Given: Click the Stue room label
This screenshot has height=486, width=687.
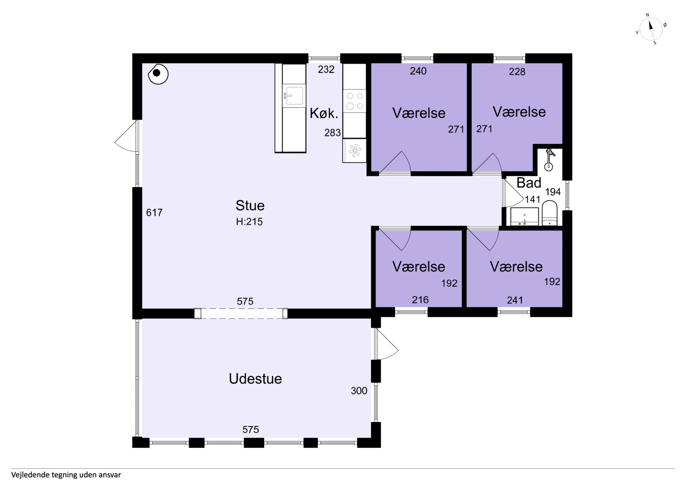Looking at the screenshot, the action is click(250, 205).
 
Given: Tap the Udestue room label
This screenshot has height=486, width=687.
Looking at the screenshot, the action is click(255, 379).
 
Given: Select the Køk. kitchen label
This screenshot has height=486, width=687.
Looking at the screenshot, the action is click(324, 113).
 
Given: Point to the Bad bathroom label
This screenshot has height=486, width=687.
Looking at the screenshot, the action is click(529, 183).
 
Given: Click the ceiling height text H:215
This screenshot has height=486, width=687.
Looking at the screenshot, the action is click(249, 222).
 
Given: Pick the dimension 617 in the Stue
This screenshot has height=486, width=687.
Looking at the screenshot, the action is click(154, 213).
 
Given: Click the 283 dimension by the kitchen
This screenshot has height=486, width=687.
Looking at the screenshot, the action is click(332, 133).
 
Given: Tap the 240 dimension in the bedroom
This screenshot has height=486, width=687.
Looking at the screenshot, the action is click(418, 71).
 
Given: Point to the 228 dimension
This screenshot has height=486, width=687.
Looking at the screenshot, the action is click(517, 72).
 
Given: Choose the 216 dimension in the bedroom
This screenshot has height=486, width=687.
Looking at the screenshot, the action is click(420, 300).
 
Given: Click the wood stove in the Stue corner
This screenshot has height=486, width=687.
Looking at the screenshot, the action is click(158, 74).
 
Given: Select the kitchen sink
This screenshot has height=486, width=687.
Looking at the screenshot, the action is click(294, 96).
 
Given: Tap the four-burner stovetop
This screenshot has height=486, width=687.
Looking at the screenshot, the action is click(355, 101).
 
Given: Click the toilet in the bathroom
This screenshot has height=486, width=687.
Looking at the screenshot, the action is click(550, 213).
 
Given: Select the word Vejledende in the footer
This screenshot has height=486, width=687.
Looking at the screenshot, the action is click(30, 475).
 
